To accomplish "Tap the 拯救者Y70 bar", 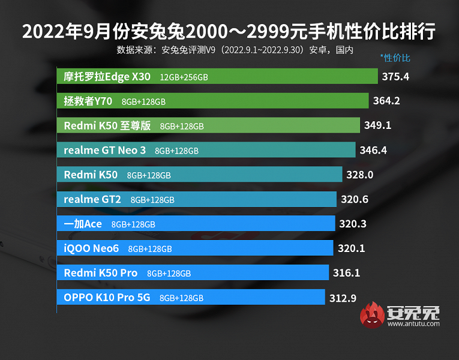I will tap(212, 101).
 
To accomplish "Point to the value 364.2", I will tap(386, 101).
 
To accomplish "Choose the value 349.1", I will tap(377, 125).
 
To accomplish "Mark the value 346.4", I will tap(373, 150).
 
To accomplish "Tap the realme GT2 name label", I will tap(92, 199).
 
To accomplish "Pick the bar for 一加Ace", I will tap(196, 224).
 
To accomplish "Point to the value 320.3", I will tap(352, 224).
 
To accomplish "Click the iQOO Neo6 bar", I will tap(195, 248).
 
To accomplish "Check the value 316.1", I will tap(346, 273).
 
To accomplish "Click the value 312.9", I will tap(343, 298).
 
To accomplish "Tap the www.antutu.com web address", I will tap(413, 324).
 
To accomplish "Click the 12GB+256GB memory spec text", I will tap(184, 77).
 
